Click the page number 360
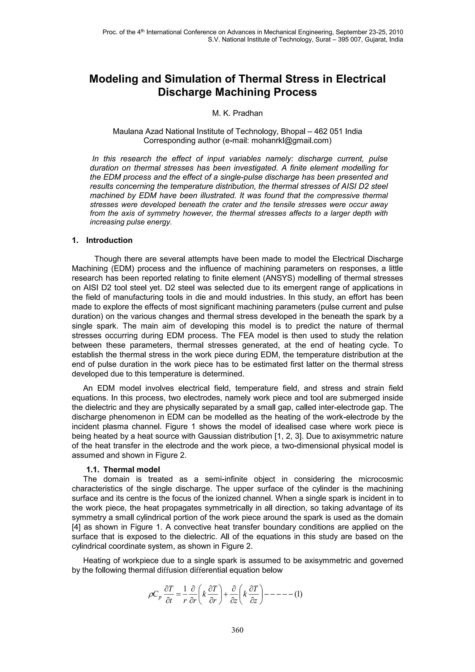tap(237, 630)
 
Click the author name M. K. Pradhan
tap(237, 113)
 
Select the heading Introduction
tap(109, 240)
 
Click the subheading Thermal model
tap(132, 470)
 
